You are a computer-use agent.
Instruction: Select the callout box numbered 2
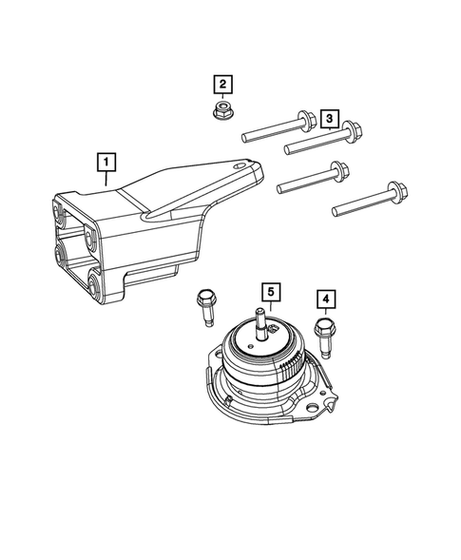point(222,86)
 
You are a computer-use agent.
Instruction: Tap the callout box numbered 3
point(328,118)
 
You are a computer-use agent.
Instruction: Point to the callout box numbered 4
point(326,301)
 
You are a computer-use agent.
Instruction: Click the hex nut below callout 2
point(222,111)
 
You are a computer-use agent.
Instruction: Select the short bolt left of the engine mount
point(203,304)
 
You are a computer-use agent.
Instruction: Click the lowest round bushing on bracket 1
point(95,280)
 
